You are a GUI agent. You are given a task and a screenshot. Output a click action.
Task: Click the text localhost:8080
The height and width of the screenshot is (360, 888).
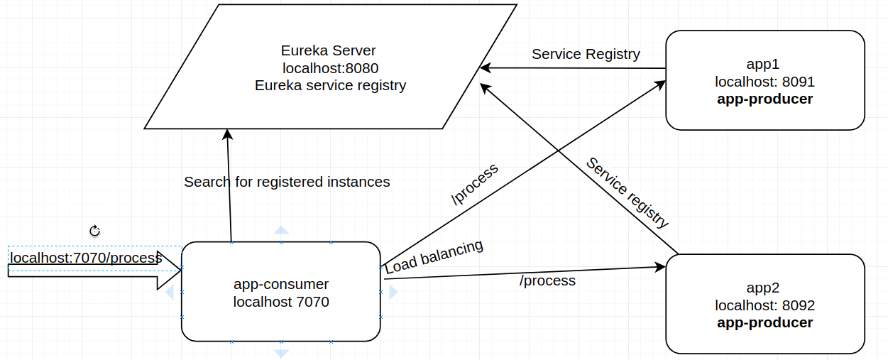point(330,68)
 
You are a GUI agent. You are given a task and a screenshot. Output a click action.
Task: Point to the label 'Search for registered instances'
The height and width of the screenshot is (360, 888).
point(287,182)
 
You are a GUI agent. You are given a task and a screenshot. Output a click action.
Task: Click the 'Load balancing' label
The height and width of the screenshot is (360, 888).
point(434,256)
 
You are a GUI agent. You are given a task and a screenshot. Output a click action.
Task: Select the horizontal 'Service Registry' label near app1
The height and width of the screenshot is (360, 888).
point(586,54)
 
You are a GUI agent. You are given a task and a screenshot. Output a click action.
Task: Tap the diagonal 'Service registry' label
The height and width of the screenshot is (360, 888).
point(627,192)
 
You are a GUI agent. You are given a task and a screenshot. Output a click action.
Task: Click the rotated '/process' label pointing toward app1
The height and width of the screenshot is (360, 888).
point(475,185)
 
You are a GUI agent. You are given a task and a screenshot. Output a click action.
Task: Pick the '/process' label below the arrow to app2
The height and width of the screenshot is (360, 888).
point(547,280)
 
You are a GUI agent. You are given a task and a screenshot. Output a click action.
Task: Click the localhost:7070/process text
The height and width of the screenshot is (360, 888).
point(85,258)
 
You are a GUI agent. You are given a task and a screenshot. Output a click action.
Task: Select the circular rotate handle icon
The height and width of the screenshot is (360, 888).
point(95,230)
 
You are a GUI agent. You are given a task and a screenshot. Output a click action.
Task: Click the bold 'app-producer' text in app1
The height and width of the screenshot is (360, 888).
point(764,99)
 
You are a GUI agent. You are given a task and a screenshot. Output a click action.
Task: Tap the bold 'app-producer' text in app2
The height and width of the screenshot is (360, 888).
point(764,323)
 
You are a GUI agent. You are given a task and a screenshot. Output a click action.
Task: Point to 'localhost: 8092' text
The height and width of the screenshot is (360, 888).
point(764,306)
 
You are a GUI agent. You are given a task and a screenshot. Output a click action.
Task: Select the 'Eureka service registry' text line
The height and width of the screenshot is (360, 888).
point(330,85)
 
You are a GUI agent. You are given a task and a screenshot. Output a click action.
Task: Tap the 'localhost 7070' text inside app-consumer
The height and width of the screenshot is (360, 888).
point(281,302)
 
